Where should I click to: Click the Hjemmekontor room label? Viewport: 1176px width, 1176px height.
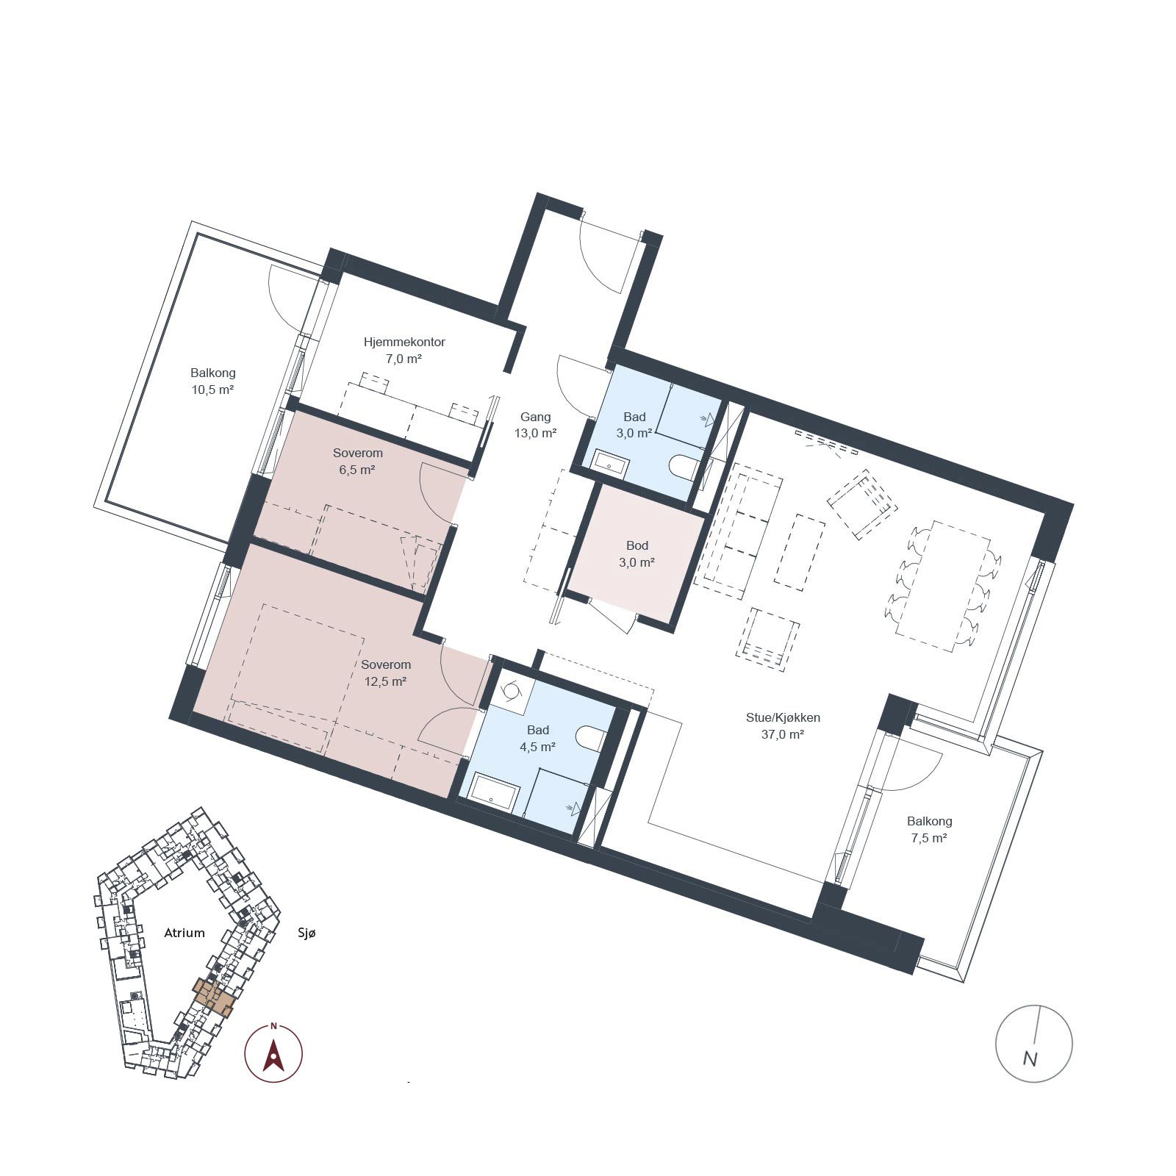point(404,342)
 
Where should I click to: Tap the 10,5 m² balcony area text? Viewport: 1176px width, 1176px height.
point(213,390)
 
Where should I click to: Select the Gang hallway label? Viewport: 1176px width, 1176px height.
point(535,417)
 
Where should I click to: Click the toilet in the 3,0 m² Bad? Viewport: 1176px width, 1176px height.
point(684,467)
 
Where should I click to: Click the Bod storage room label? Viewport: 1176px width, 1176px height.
point(637,545)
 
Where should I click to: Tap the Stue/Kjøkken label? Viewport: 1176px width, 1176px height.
point(783,717)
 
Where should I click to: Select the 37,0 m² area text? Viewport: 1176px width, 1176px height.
point(783,734)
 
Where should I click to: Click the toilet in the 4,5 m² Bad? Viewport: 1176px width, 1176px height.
point(592,738)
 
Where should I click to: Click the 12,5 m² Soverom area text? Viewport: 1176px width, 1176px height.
point(386,681)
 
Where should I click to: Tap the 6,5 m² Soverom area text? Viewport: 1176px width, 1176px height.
point(357,470)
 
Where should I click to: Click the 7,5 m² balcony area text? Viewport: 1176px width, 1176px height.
point(929,838)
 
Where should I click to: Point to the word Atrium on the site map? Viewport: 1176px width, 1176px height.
point(184,933)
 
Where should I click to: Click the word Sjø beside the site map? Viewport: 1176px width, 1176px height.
point(306,933)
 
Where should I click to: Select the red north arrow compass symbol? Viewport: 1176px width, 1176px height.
point(273,1053)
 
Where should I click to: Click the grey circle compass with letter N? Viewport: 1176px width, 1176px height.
point(1033,1043)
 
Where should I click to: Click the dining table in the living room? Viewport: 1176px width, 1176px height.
point(944,585)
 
